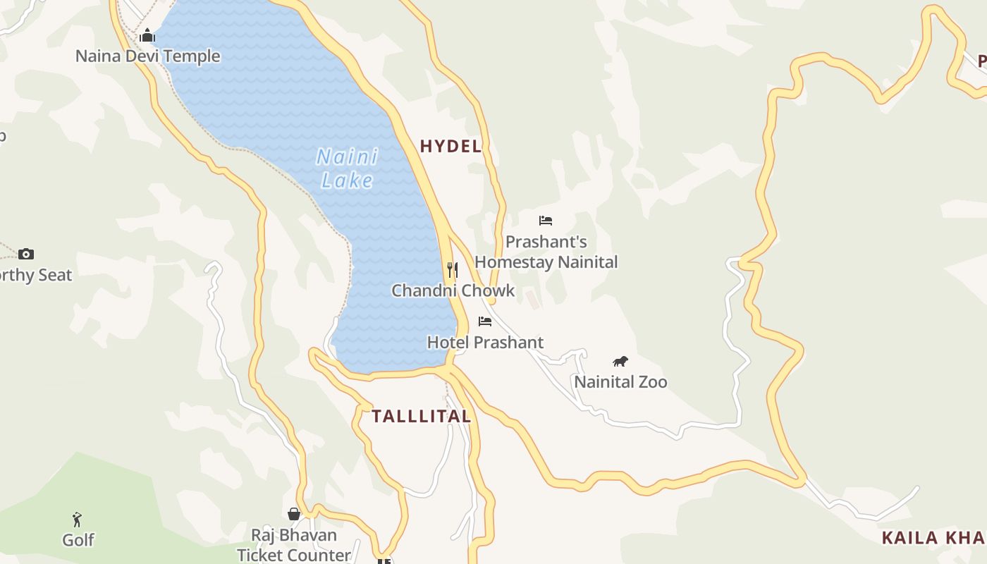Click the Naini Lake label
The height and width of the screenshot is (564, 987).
tap(347, 168)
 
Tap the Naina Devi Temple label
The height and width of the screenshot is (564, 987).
tap(147, 56)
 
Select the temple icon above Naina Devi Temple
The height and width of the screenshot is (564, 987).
tap(147, 35)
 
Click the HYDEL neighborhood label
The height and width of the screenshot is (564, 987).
tap(450, 146)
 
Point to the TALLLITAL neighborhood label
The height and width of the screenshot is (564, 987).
tap(421, 416)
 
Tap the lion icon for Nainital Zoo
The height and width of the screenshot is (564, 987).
tap(620, 362)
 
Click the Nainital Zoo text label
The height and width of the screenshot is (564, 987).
tap(620, 382)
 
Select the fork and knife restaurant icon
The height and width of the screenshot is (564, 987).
tap(453, 269)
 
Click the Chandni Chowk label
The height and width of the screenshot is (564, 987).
tap(453, 290)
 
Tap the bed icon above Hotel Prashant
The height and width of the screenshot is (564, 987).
tap(485, 321)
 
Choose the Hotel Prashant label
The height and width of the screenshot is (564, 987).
tap(485, 343)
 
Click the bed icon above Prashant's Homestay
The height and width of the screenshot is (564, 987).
tap(546, 221)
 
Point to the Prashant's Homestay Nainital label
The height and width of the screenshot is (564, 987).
tap(546, 252)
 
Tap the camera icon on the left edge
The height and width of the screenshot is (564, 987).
tap(26, 254)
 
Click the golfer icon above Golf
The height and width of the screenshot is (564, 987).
tap(78, 520)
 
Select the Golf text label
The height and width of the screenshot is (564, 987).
tap(78, 540)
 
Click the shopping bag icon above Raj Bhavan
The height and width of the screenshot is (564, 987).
tap(294, 514)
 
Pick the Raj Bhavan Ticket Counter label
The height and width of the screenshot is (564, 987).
tap(294, 545)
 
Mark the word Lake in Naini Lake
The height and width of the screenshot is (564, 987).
tap(347, 180)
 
